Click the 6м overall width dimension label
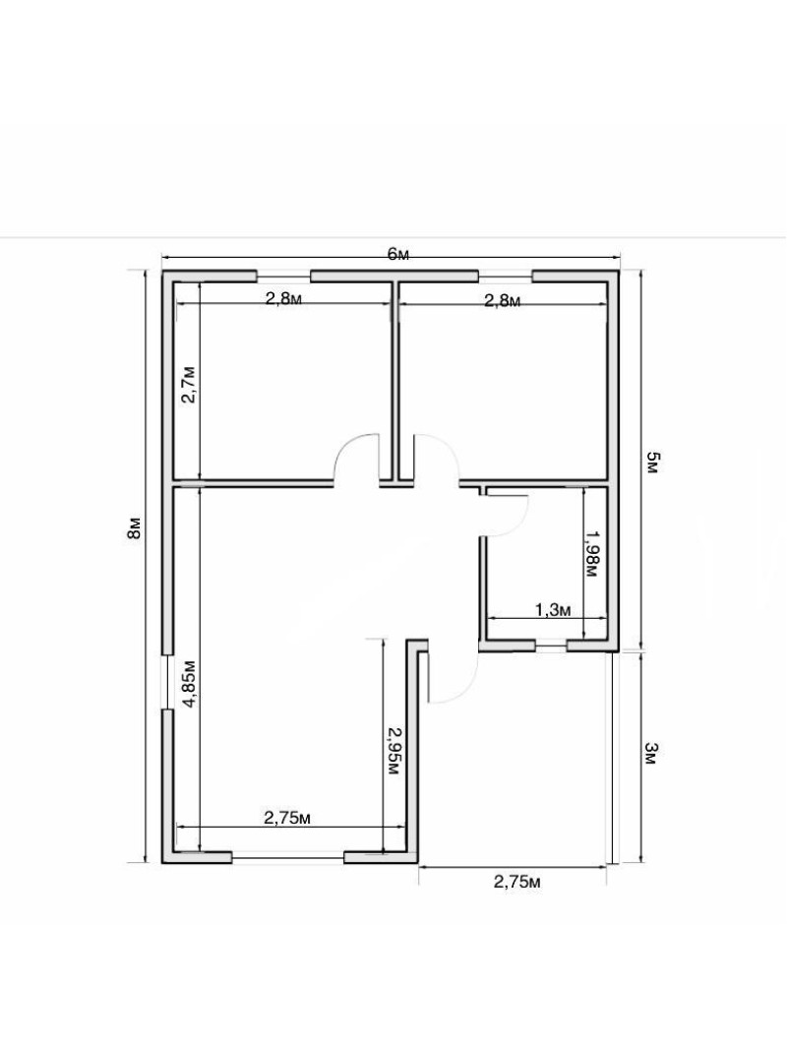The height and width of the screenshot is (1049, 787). (x=397, y=254)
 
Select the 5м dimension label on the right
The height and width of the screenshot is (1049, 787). (x=652, y=463)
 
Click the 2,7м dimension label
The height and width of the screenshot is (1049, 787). (x=189, y=384)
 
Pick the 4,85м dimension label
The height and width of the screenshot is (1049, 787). (x=189, y=683)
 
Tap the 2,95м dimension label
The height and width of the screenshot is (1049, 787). (x=393, y=751)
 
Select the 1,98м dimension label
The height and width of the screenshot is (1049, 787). (x=593, y=554)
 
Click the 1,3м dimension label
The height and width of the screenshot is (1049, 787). (x=553, y=609)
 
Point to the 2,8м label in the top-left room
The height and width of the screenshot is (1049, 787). (x=283, y=298)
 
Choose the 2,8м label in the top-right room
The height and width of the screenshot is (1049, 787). (x=502, y=300)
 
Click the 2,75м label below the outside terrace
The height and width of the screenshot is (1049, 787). (x=516, y=882)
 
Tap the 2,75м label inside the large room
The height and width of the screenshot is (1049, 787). (x=287, y=818)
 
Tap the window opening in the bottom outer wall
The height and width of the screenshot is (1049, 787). (x=287, y=856)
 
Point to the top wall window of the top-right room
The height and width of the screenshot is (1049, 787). (x=505, y=275)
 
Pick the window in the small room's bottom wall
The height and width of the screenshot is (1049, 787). (x=551, y=646)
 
